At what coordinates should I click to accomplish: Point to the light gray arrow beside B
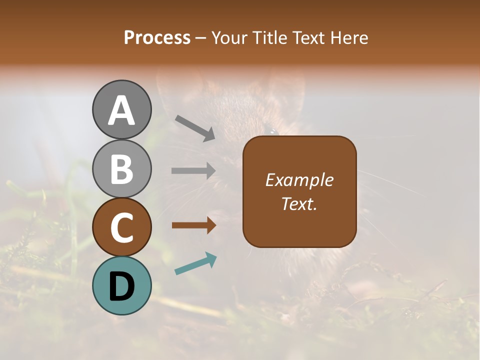(x=193, y=171)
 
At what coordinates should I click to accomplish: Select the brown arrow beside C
(x=193, y=225)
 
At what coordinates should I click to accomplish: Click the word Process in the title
(x=157, y=37)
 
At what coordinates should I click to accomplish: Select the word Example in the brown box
(x=299, y=180)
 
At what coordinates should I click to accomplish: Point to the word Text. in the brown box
(x=299, y=203)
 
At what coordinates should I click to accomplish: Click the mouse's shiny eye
(x=272, y=131)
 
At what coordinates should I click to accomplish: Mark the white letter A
(x=121, y=110)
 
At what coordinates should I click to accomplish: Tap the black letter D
(x=121, y=286)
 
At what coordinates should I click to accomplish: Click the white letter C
(x=121, y=228)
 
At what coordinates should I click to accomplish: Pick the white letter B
(x=121, y=169)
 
